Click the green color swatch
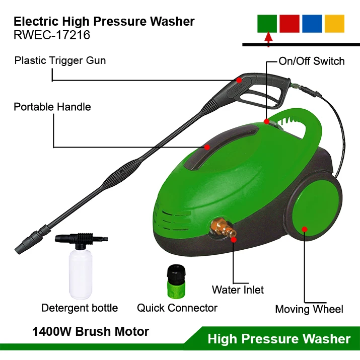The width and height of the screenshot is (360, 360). tap(267, 24)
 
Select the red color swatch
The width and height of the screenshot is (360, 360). tap(290, 24)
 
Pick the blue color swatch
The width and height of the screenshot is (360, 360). tap(312, 24)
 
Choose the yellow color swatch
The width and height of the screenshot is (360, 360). tap(334, 24)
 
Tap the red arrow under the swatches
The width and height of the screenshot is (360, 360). tap(268, 38)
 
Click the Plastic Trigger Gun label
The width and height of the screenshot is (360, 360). tap(60, 60)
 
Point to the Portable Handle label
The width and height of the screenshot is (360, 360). tap(52, 107)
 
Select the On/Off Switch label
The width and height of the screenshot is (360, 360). tap(312, 61)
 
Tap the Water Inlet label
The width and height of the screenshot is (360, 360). tap(238, 290)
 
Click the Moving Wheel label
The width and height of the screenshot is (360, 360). tap(309, 309)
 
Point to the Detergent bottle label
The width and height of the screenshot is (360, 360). tap(80, 308)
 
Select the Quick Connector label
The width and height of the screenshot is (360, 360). tap(177, 308)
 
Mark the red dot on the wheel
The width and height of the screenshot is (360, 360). tap(304, 229)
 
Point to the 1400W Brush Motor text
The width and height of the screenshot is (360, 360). tap(91, 332)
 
